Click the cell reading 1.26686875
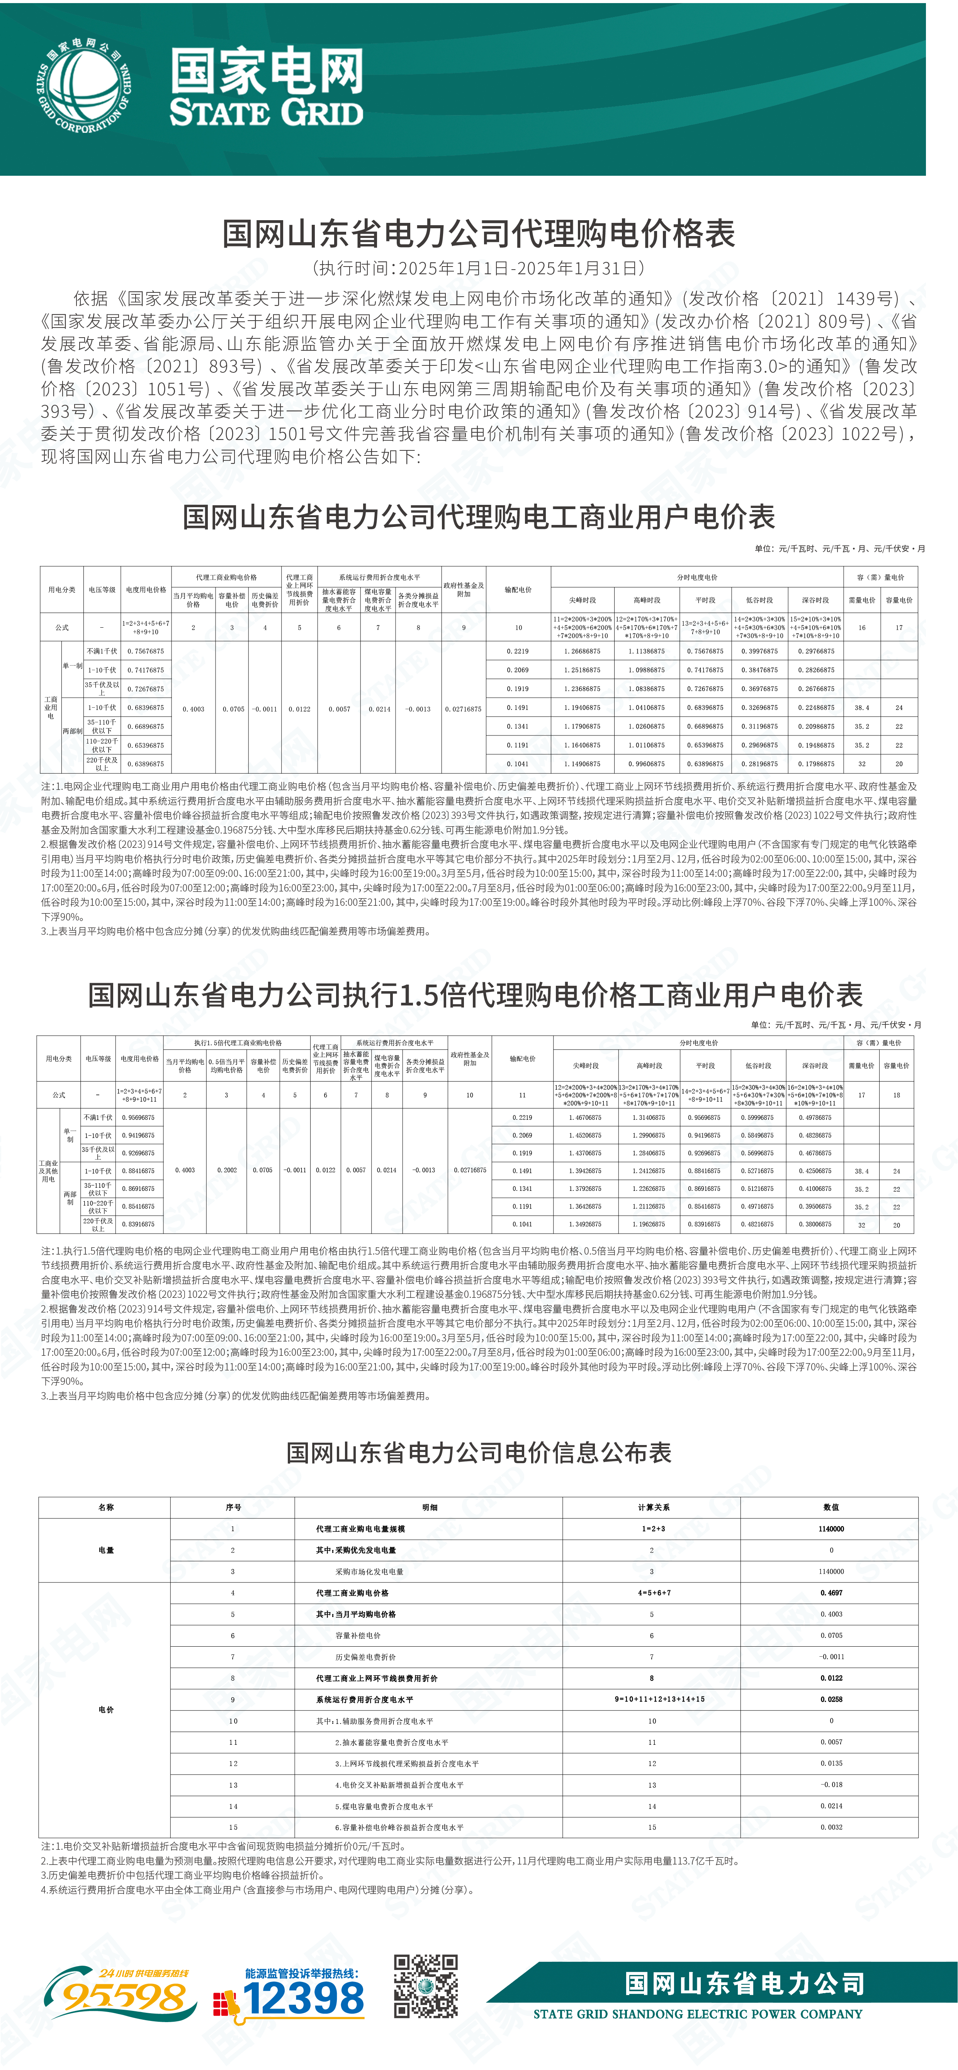point(582,651)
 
